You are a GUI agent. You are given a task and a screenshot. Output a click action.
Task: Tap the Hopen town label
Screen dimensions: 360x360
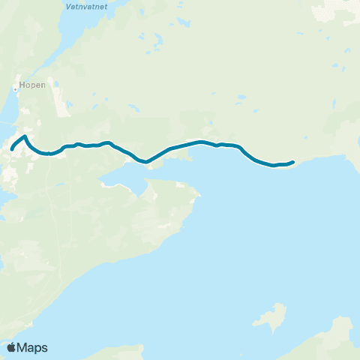(x=29, y=85)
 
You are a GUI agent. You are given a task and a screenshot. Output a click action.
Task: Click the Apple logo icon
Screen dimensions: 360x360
(x=11, y=347)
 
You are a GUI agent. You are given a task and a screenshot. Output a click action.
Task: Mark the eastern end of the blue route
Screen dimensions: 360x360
(x=292, y=161)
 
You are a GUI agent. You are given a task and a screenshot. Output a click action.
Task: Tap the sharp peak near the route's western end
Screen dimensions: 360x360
(x=25, y=136)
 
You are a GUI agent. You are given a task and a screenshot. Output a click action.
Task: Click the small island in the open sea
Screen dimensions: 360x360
(x=271, y=316)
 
